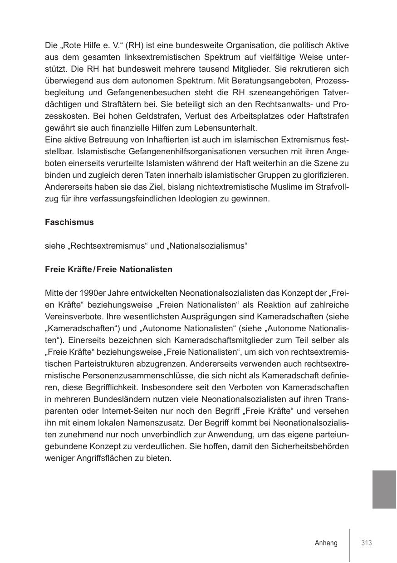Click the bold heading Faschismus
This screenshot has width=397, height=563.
[x=69, y=222]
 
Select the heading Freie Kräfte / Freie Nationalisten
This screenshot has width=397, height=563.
[x=108, y=269]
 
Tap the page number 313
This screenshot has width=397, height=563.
[x=367, y=543]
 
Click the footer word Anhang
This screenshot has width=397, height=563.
[x=326, y=543]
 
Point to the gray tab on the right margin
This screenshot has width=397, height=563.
[x=384, y=490]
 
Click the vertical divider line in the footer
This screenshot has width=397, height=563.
[x=349, y=544]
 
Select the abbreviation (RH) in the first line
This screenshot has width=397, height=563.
[x=135, y=46]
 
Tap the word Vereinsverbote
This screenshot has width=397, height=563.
[x=72, y=317]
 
